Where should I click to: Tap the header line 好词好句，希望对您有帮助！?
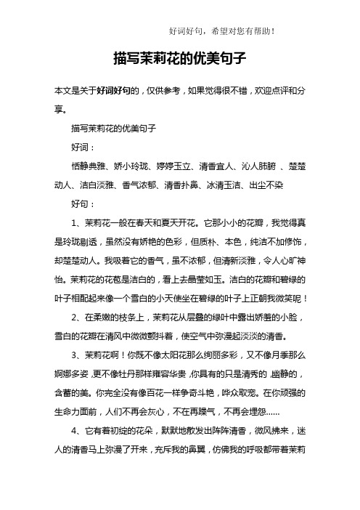pyautogui.click(x=222, y=31)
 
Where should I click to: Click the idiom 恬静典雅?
pyautogui.click(x=90, y=164)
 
